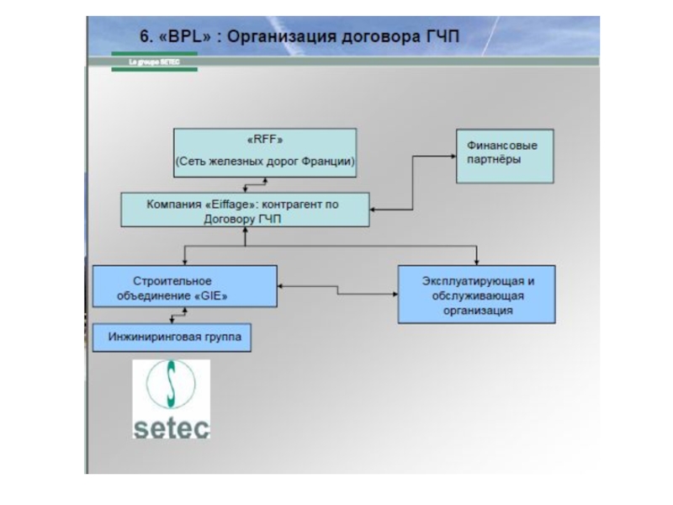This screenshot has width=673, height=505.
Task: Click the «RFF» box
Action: click(265, 152)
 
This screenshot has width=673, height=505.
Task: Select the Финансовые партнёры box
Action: click(505, 156)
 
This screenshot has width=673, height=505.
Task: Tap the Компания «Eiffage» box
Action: click(245, 210)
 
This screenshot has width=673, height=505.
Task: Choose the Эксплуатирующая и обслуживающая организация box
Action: click(477, 295)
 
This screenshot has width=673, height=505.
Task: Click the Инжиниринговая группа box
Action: click(172, 338)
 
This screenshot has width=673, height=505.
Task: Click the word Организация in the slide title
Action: click(280, 36)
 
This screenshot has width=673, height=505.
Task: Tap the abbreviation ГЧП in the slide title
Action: click(443, 36)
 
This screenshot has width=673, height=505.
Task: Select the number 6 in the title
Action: click(144, 36)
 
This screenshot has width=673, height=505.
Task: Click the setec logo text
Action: click(172, 427)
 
